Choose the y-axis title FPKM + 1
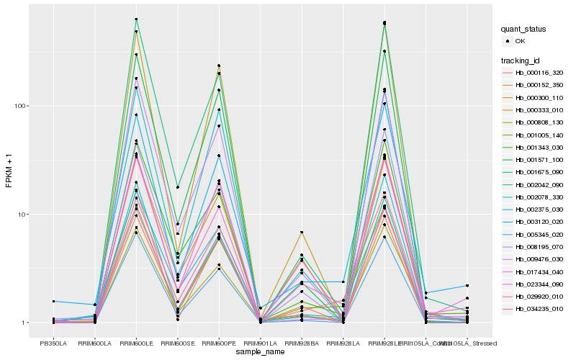tap(9, 171)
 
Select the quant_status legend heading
tap(524, 30)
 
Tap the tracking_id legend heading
tap(521, 60)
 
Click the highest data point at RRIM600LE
tap(136, 19)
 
